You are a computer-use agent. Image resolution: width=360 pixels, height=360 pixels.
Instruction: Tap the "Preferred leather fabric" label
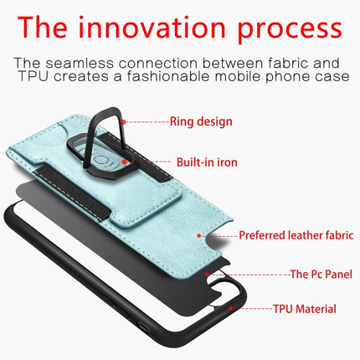[x=295, y=235]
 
